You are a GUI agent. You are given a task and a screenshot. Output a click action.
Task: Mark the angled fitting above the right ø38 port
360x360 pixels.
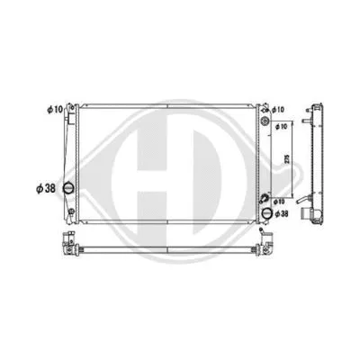(263, 199)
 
